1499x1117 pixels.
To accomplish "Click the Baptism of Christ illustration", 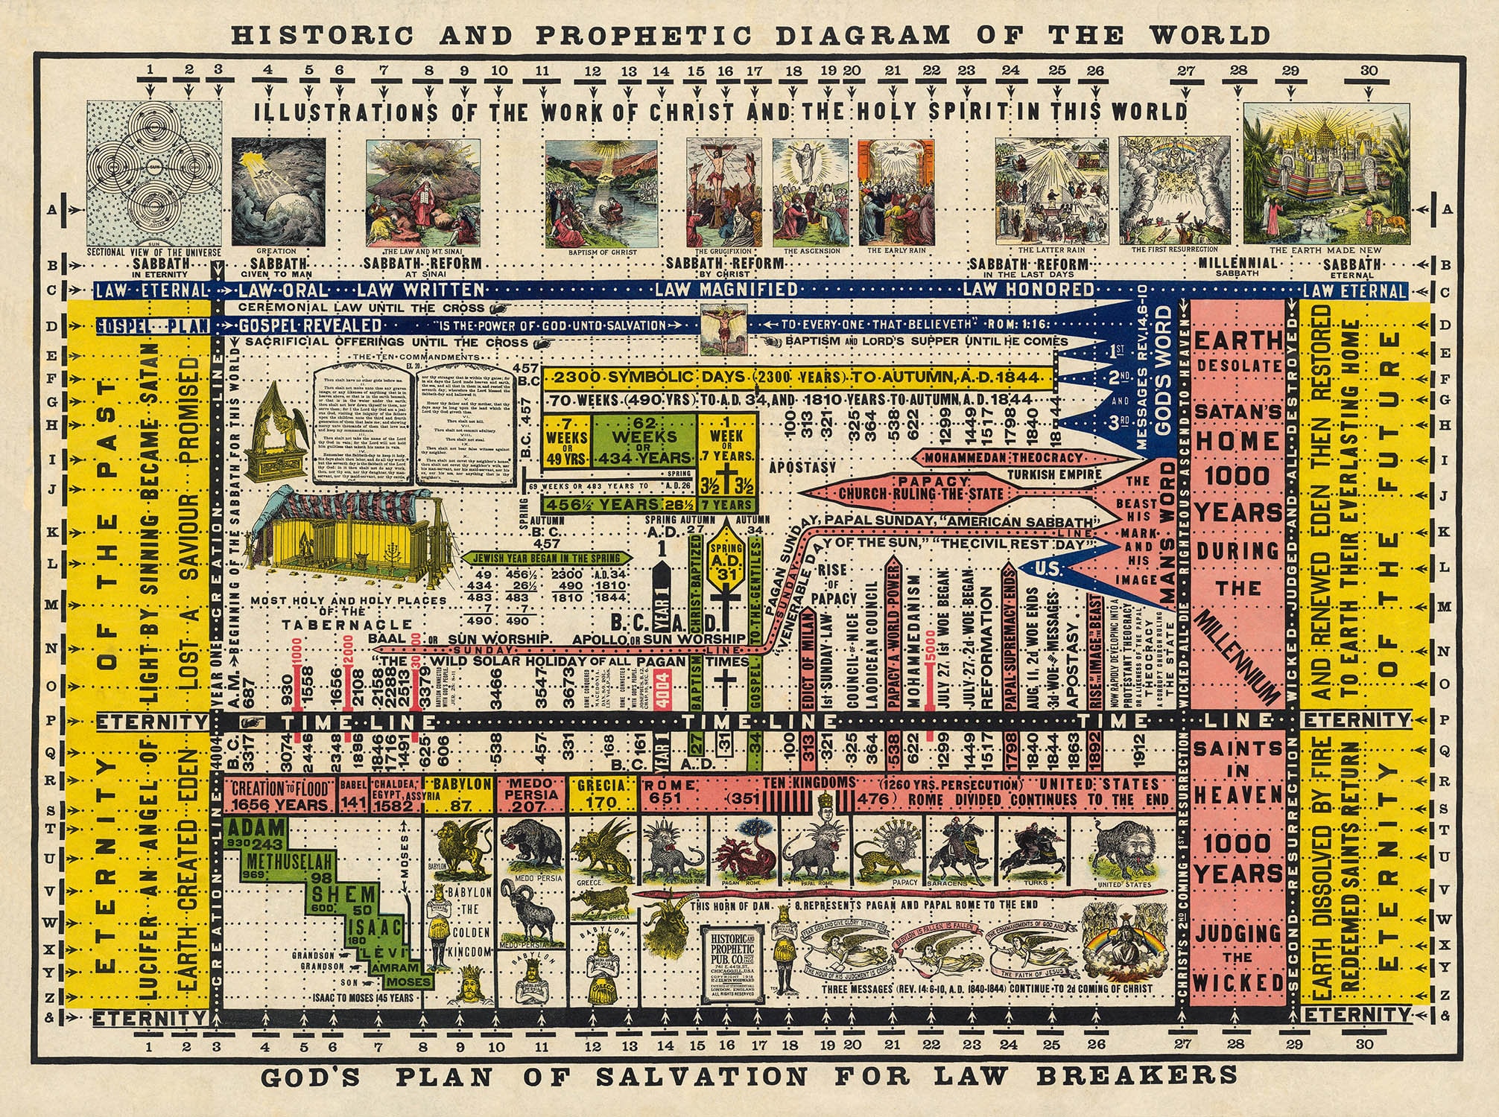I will (x=601, y=192).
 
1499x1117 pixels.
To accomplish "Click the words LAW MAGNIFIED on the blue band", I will (x=726, y=289).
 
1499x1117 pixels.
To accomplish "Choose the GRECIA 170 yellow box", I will (x=602, y=794).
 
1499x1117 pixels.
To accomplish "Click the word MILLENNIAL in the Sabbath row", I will (x=1238, y=264).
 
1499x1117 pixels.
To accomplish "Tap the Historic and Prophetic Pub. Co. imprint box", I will (x=735, y=961).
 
